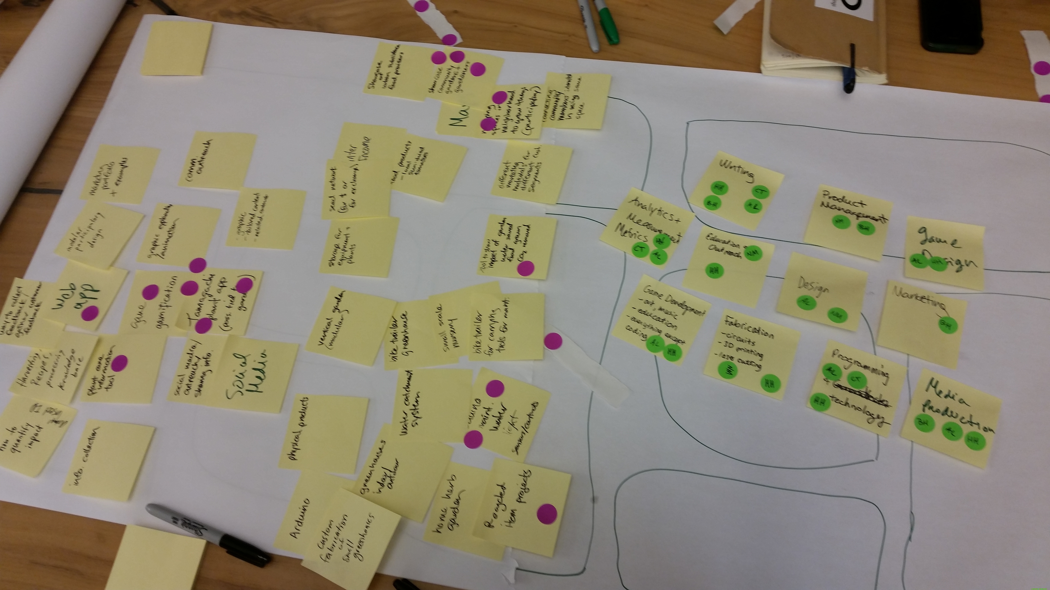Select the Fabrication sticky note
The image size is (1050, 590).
pyautogui.click(x=750, y=352)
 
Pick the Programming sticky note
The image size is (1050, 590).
pyautogui.click(x=856, y=391)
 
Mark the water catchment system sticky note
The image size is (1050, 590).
pyautogui.click(x=428, y=403)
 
